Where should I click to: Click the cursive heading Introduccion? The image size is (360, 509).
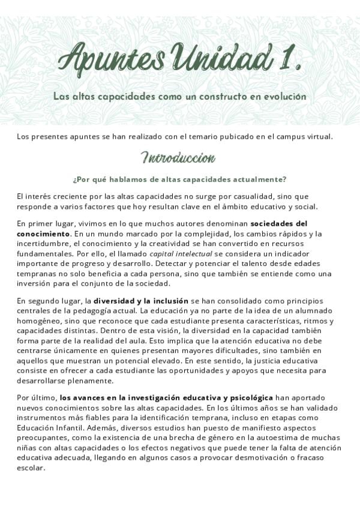(x=178, y=158)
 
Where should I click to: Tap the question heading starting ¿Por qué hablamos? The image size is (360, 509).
(x=179, y=179)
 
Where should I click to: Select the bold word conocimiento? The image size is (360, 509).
(x=44, y=233)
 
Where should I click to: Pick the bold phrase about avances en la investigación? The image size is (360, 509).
(x=166, y=397)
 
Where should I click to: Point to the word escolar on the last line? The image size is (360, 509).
(x=31, y=469)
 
